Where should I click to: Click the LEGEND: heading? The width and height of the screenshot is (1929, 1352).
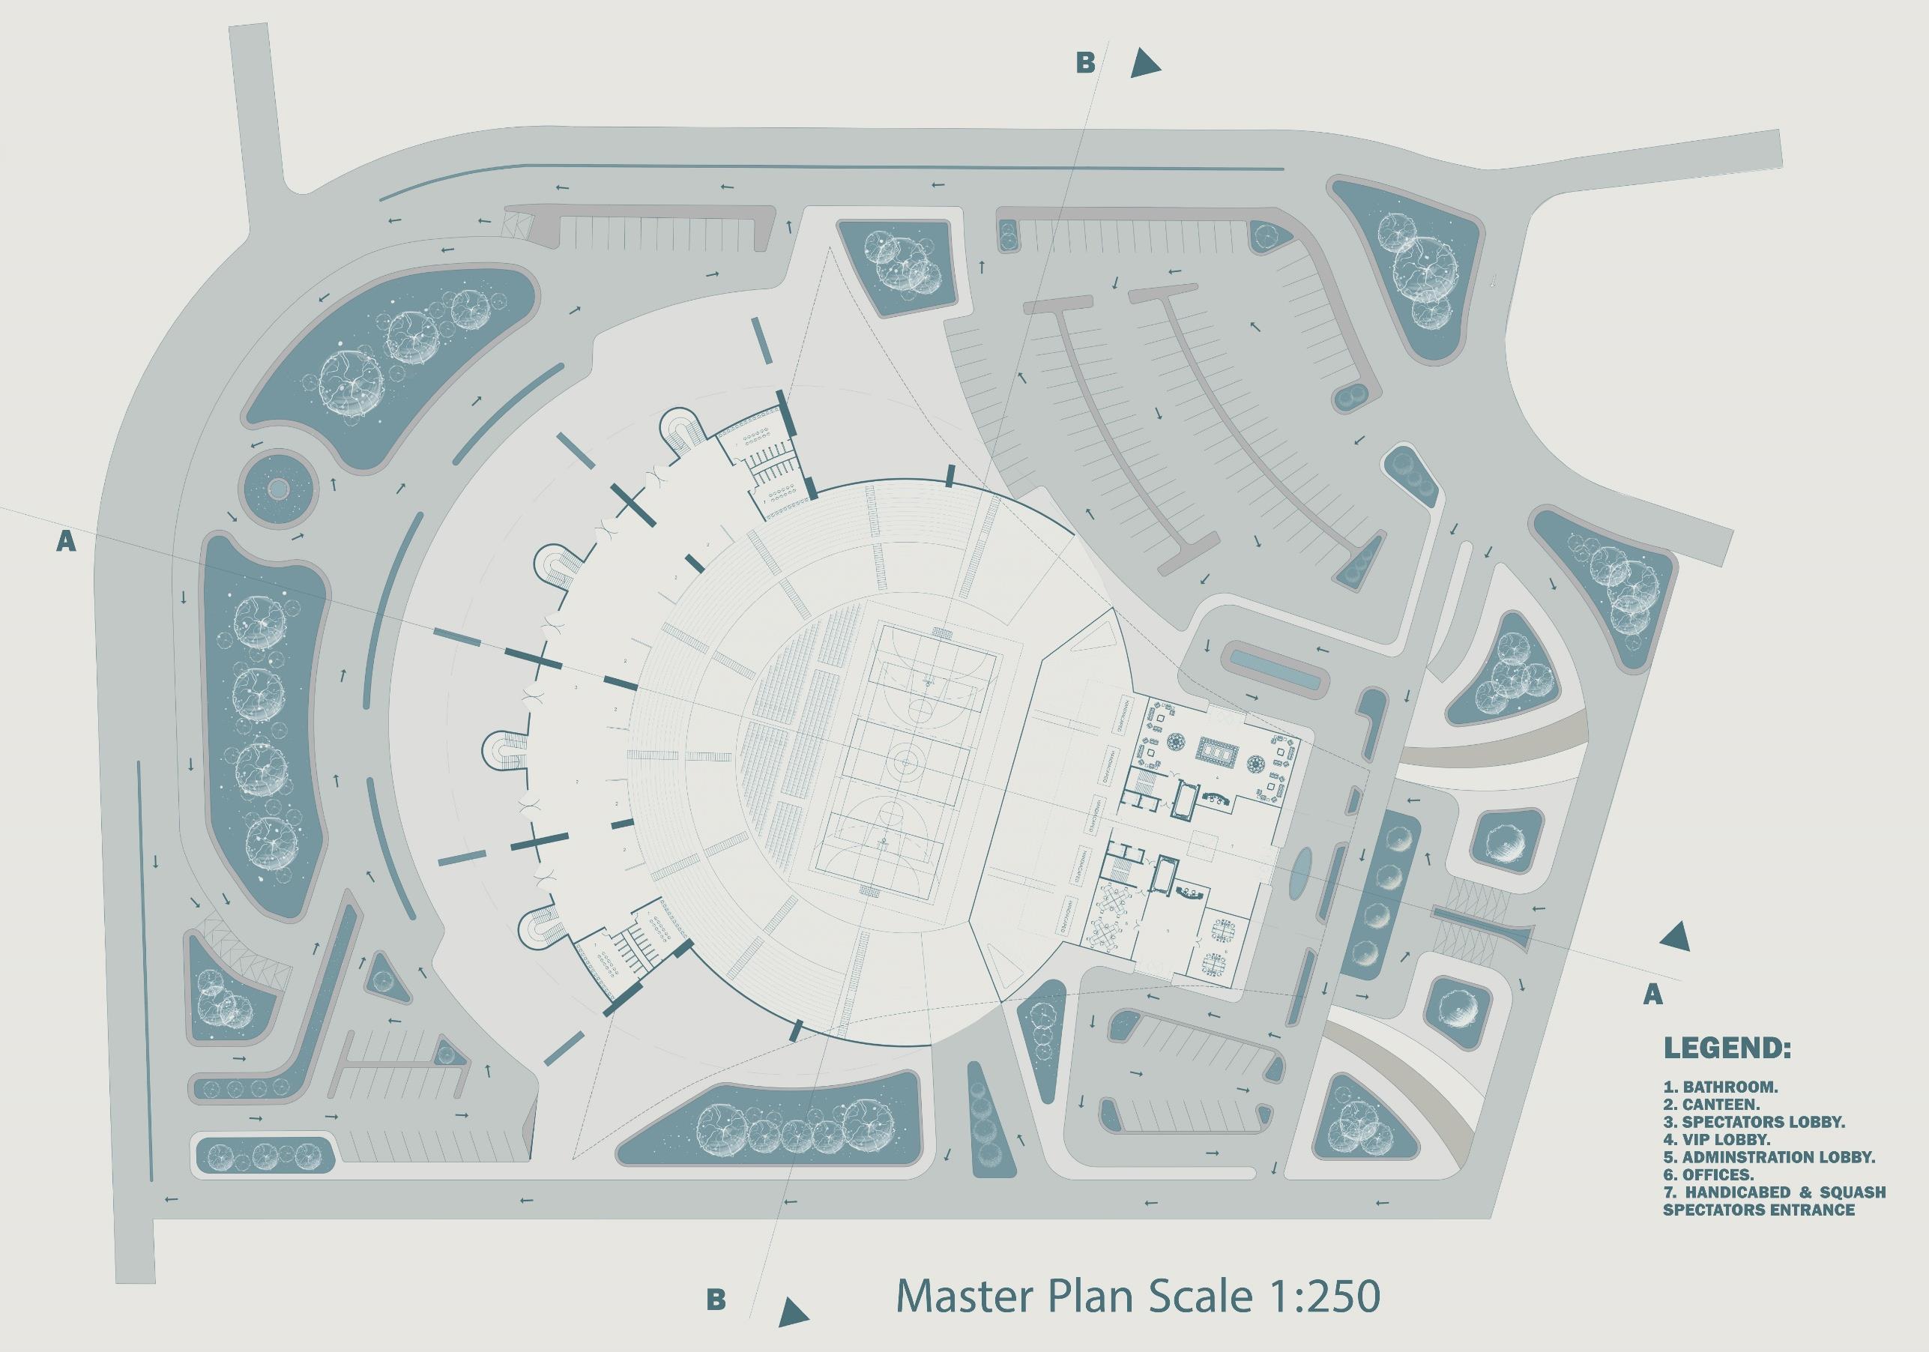(x=1727, y=1048)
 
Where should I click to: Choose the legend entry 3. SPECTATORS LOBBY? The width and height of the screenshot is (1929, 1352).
(x=1754, y=1122)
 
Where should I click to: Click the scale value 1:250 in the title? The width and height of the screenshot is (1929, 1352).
(x=1320, y=1295)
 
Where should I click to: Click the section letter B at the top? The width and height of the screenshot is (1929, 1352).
(x=1085, y=63)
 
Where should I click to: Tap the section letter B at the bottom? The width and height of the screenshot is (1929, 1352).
(x=716, y=1299)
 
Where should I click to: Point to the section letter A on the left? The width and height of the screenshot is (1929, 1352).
(x=65, y=542)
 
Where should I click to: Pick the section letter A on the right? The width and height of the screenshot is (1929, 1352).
(x=1652, y=995)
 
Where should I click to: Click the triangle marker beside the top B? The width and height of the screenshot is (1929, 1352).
(x=1143, y=64)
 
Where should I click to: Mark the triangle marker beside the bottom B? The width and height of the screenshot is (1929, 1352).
(x=791, y=1312)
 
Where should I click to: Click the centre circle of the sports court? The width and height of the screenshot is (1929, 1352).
(x=905, y=761)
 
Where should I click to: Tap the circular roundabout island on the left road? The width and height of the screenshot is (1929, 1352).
(x=277, y=488)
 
